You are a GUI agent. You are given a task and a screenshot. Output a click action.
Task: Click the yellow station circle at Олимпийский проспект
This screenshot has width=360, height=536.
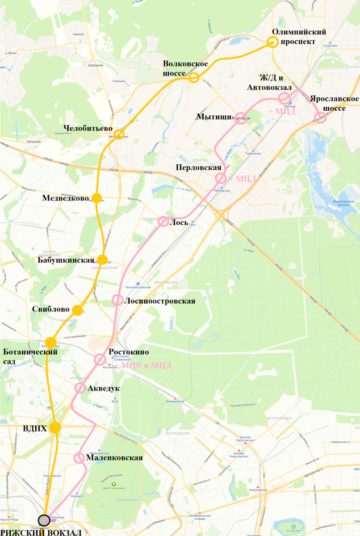272,42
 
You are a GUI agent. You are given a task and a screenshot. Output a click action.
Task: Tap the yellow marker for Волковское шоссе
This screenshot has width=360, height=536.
193,78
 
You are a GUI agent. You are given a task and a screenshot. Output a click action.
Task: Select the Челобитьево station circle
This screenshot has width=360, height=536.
118,134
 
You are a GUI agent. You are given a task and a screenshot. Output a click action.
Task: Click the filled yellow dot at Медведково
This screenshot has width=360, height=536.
97,198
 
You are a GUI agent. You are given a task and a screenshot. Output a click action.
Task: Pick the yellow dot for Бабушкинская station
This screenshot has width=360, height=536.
103,260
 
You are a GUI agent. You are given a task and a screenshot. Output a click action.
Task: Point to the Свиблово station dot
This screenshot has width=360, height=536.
78,310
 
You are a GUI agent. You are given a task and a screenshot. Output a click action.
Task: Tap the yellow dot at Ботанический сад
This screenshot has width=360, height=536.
51,343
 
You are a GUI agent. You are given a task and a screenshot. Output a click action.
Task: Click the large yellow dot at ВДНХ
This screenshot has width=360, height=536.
55,427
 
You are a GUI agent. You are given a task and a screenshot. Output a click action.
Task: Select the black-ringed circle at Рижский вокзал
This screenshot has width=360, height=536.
44,520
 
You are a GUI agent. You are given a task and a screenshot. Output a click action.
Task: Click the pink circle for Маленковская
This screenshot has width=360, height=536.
79,458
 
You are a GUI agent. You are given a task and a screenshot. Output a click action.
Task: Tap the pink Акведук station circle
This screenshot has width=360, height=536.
80,388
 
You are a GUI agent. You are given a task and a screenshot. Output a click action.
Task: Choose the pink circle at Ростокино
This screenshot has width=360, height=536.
99,359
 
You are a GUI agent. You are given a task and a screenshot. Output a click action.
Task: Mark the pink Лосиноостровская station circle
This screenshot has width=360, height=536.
117,300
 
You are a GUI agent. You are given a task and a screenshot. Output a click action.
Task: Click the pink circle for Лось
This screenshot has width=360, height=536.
163,222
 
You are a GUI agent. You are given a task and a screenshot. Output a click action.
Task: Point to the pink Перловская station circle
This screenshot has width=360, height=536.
221,178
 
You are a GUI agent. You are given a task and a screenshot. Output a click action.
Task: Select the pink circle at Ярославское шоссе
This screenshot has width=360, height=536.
320,117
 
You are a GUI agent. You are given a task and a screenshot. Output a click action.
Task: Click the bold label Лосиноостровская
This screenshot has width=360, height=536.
160,301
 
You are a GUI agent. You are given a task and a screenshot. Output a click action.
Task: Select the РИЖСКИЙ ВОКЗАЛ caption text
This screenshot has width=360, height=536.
41,532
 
